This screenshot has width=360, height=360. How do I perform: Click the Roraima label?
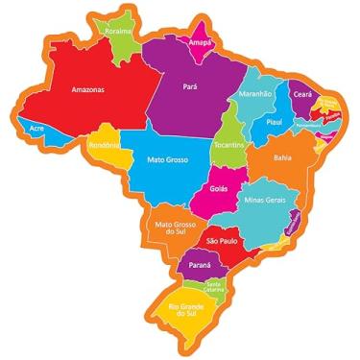[x=118, y=30]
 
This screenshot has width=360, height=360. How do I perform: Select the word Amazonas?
[x=87, y=90]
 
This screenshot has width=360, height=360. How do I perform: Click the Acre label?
[x=36, y=127]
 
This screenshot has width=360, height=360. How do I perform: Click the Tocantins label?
[x=228, y=144]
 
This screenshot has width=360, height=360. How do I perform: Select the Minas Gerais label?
[x=266, y=200]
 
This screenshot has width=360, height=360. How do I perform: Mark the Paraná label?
[x=200, y=264]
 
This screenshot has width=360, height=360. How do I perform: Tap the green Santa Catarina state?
[x=214, y=286]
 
